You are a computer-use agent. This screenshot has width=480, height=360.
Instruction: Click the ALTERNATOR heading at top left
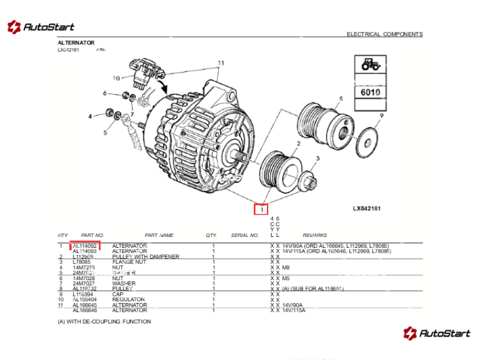(76, 43)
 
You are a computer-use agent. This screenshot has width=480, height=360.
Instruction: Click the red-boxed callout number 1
(261, 210)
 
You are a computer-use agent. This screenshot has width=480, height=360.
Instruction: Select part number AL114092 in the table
(85, 246)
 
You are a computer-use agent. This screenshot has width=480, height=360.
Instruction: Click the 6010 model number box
(371, 93)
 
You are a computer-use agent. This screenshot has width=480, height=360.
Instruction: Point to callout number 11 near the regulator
(221, 63)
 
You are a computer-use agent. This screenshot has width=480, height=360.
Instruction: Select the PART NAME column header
(159, 235)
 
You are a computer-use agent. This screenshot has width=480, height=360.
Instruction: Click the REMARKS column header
(314, 235)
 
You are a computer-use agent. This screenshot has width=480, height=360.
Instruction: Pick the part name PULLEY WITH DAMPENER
(146, 257)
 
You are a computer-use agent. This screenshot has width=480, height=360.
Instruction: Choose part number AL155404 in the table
(85, 299)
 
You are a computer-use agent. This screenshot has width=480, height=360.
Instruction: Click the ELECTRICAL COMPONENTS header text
(384, 34)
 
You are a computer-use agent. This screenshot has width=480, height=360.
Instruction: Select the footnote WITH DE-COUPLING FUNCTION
(104, 322)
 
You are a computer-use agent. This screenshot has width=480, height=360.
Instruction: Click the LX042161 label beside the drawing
(367, 209)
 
